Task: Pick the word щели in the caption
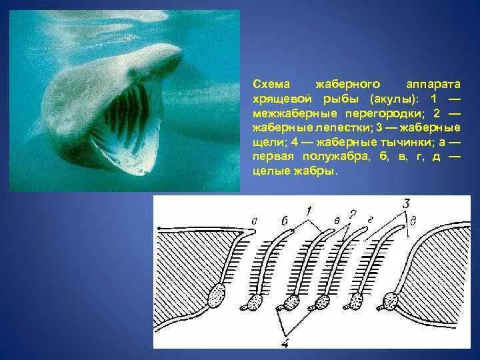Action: tap(267, 143)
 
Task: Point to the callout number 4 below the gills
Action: tap(285, 341)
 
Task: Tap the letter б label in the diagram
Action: tap(285, 221)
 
